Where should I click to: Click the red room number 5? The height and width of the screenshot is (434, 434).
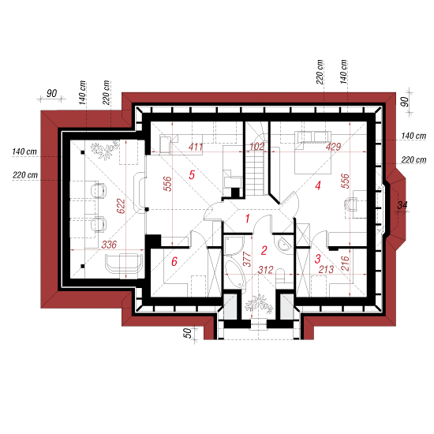[192, 175]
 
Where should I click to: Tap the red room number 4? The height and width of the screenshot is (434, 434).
[318, 185]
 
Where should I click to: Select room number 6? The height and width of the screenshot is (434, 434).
[174, 261]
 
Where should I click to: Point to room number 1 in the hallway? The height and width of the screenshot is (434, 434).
[247, 219]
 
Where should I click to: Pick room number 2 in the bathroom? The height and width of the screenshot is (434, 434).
[264, 250]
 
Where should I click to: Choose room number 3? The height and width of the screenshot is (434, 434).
[318, 259]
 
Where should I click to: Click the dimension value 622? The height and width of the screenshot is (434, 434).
[121, 206]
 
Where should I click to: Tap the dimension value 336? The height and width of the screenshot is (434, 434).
[109, 245]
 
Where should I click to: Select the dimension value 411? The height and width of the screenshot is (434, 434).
[196, 147]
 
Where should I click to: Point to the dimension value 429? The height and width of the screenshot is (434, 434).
[333, 147]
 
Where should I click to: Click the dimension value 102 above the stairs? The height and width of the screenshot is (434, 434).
[257, 147]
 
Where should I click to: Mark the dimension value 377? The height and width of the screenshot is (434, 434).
[247, 259]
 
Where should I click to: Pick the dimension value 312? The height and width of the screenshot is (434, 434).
[266, 270]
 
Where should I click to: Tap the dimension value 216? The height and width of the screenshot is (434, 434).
[345, 264]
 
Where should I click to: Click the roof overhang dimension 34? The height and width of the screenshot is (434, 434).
[402, 205]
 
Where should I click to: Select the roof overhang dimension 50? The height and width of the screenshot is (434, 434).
[188, 333]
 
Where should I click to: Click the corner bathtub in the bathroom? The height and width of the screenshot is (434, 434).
[234, 274]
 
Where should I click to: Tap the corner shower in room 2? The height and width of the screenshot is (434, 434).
[234, 245]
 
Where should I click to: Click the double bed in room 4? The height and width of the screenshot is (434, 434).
[312, 152]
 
